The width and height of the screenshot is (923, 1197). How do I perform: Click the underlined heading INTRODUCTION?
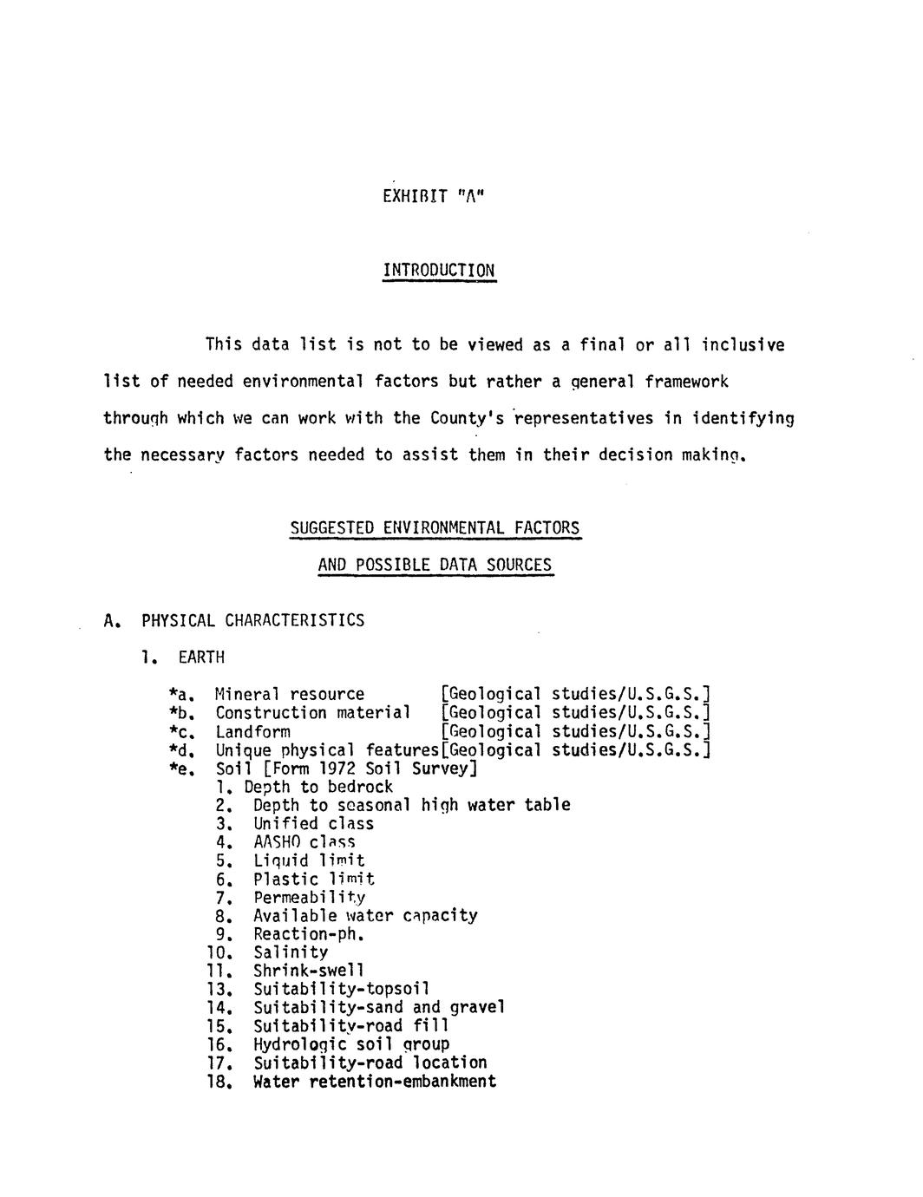[x=439, y=270]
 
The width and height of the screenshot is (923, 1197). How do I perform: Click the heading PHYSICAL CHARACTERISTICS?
[x=252, y=620]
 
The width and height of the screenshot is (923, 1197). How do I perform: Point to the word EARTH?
[x=201, y=657]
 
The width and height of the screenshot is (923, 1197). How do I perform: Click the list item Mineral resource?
[x=290, y=694]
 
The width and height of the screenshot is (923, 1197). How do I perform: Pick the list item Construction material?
[x=312, y=713]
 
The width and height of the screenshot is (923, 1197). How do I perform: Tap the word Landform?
[x=252, y=731]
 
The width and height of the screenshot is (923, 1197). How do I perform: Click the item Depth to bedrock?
[x=318, y=787]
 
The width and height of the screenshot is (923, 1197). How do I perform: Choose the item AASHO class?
[x=304, y=842]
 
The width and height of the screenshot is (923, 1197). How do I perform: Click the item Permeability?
[x=309, y=897]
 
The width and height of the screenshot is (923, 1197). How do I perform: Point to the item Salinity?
[x=291, y=952]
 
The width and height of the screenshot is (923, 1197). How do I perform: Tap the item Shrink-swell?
[x=308, y=971]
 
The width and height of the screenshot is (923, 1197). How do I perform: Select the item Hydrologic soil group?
[x=351, y=1044]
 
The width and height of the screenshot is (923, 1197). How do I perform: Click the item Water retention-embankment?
[x=375, y=1082]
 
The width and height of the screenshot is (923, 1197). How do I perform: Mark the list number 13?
[x=219, y=990]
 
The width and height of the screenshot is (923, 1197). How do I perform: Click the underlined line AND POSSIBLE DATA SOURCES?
[x=435, y=566]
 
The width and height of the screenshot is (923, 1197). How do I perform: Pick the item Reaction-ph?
[x=307, y=934]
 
